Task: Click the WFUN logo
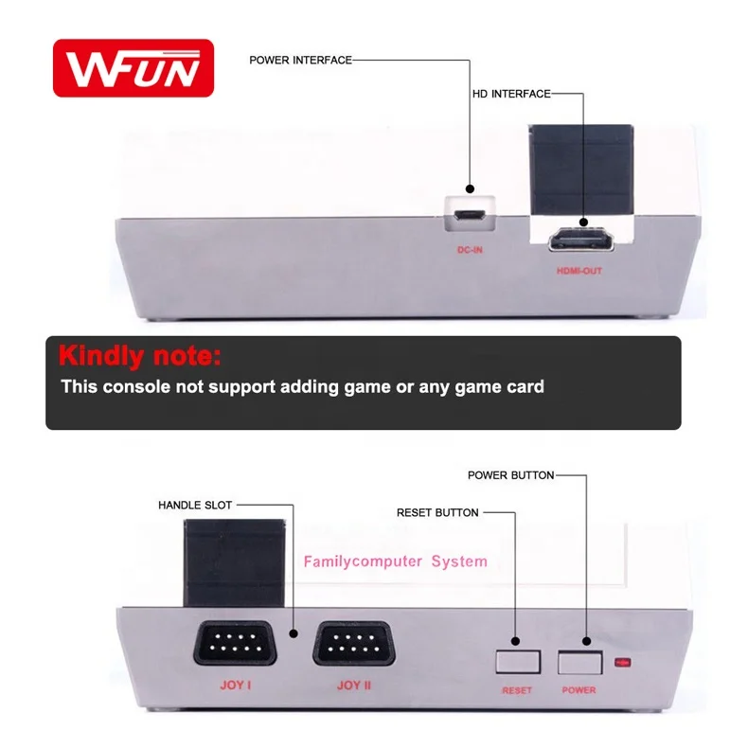133,67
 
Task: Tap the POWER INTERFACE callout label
300,60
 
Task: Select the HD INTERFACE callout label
510,95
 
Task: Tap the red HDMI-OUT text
579,271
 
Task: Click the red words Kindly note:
139,357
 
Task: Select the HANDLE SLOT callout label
195,506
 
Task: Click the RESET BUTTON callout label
437,512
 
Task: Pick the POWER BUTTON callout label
510,474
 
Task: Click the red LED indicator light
622,661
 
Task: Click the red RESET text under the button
517,690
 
